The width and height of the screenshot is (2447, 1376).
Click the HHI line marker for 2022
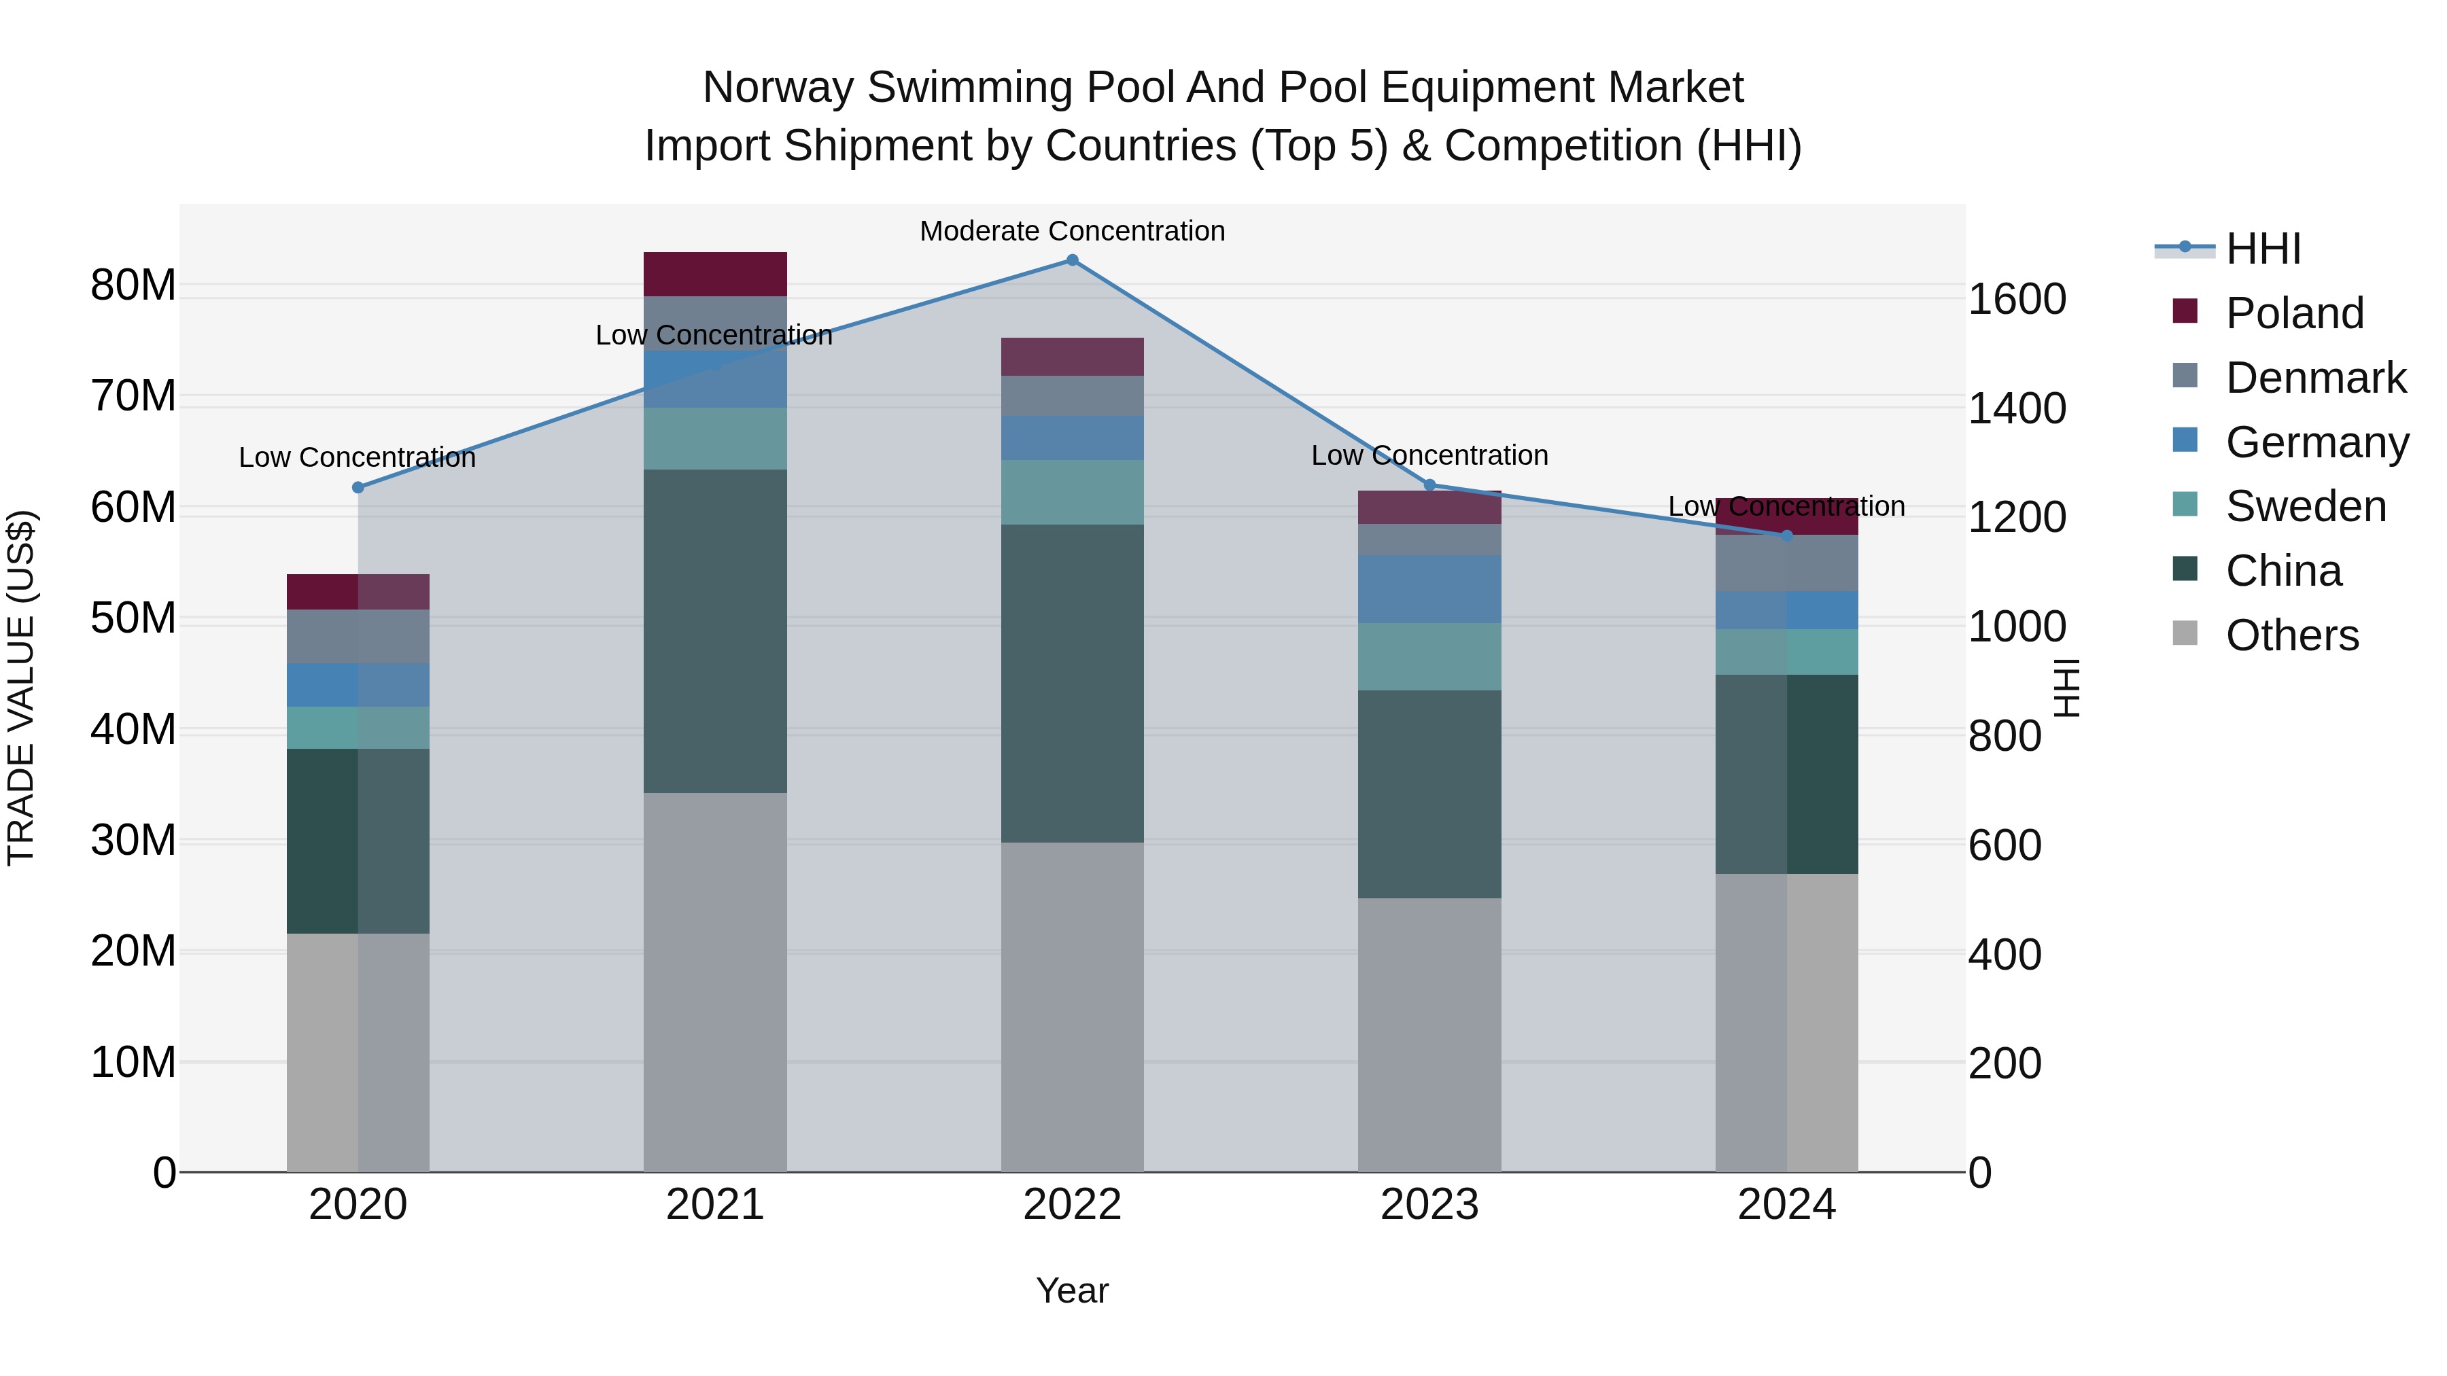[x=1073, y=260]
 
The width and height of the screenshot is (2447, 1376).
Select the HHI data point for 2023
[x=1429, y=485]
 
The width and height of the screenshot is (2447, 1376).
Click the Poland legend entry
[x=2293, y=313]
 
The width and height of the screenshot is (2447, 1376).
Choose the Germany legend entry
[x=2316, y=442]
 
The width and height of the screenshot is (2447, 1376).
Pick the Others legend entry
[x=2291, y=635]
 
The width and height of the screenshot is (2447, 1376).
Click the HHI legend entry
[x=2263, y=249]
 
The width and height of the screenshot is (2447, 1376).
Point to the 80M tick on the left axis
[x=133, y=285]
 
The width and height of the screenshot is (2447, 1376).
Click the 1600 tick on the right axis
[x=2017, y=299]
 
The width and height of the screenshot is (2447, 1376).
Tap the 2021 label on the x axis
[x=714, y=1205]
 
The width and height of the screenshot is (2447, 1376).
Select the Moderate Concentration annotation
[x=1073, y=231]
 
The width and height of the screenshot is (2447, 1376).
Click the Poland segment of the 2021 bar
[x=714, y=275]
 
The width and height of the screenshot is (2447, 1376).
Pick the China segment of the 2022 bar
[x=1073, y=683]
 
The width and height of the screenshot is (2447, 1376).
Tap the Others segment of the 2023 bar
[x=1429, y=1034]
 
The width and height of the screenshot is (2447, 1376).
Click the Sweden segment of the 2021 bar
[x=714, y=439]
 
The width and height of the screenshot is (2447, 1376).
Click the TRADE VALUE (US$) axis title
[x=21, y=688]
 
